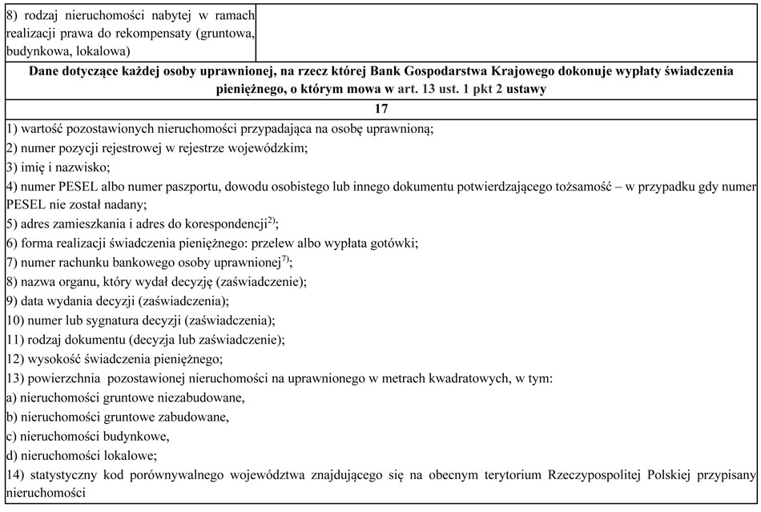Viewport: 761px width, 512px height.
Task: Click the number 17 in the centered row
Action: click(x=380, y=108)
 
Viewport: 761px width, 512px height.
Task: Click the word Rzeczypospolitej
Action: click(x=592, y=475)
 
